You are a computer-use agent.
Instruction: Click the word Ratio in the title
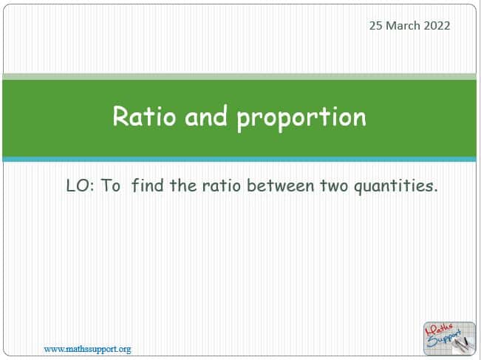[145, 116]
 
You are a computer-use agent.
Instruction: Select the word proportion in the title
[301, 118]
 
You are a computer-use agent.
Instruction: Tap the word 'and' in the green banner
[206, 116]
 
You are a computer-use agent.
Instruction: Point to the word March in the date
[403, 25]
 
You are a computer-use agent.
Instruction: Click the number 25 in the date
[375, 25]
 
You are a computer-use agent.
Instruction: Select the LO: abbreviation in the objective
[81, 186]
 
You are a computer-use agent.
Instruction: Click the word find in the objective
[147, 185]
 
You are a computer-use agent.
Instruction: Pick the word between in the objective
[280, 186]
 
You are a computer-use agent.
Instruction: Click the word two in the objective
[334, 186]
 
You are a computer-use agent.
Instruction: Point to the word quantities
[396, 186]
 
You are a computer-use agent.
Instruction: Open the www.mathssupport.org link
[87, 349]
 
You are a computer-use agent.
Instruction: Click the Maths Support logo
[449, 339]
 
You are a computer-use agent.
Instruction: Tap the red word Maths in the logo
[439, 330]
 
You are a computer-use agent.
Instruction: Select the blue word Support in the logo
[444, 339]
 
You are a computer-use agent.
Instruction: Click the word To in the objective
[110, 186]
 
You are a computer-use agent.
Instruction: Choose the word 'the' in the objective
[183, 186]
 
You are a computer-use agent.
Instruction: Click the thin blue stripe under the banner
[239, 159]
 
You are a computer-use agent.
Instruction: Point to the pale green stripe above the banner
[239, 76]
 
